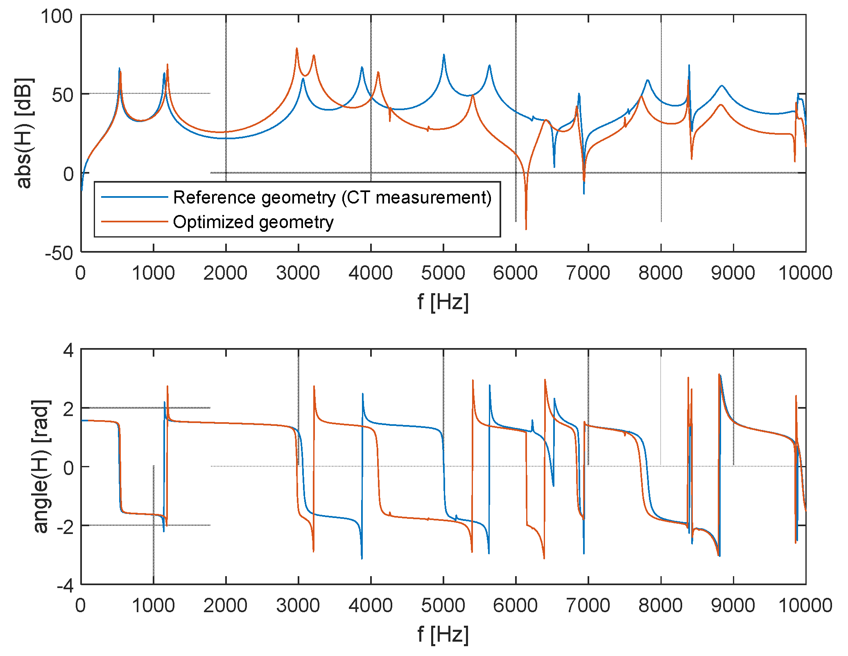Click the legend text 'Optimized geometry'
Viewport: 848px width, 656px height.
point(253,222)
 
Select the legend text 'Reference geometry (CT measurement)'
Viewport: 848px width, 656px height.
point(332,198)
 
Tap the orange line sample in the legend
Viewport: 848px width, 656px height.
point(134,222)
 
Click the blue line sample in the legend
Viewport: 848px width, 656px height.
point(134,197)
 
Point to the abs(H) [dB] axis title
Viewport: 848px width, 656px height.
point(23,133)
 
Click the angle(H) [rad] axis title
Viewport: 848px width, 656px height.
point(41,466)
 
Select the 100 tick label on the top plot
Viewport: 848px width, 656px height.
point(57,17)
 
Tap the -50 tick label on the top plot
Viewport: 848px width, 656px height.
point(59,253)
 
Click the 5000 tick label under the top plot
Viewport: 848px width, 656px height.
point(443,273)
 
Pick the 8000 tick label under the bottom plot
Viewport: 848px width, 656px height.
point(660,606)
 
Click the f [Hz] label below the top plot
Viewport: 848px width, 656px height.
point(443,303)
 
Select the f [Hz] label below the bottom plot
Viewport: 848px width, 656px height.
point(443,634)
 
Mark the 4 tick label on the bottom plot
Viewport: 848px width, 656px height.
point(68,351)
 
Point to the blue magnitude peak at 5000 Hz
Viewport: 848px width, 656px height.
point(444,55)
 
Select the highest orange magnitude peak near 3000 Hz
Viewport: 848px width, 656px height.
point(297,49)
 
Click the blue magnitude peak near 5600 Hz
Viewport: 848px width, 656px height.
point(489,66)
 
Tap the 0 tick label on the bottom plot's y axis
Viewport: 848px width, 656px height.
point(68,467)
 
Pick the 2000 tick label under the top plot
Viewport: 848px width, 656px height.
point(226,273)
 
